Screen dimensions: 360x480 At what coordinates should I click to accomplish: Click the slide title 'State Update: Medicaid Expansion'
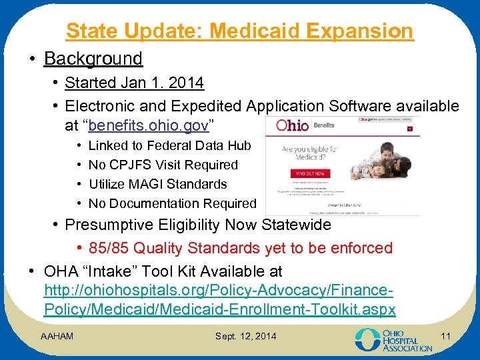pos(239,31)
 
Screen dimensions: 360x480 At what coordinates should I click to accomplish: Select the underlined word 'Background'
pos(93,59)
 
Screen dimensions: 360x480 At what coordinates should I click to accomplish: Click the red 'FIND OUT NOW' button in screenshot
pos(303,174)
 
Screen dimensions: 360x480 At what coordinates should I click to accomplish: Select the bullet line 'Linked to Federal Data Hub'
pos(169,145)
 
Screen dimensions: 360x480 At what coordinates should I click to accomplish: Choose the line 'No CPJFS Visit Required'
pos(163,165)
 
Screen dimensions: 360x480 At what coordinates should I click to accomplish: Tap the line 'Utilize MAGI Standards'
pos(157,184)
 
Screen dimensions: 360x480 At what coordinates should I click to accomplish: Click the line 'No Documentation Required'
pos(172,203)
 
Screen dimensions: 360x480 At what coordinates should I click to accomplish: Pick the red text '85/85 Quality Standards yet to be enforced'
pos(263,248)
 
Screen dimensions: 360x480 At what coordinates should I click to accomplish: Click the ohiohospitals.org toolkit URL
pos(219,301)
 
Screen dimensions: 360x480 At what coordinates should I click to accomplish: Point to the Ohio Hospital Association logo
pos(393,339)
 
